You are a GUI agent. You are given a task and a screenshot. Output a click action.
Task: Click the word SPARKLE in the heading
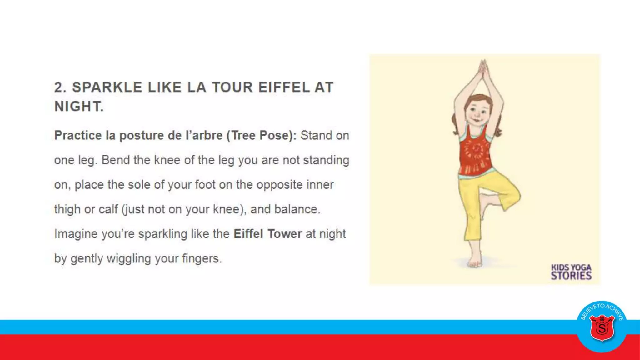pos(107,87)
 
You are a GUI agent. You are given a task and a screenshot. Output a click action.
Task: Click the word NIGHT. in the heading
pos(79,107)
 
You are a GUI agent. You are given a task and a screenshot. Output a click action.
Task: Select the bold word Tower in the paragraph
pos(284,234)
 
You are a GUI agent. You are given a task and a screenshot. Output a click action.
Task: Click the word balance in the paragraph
pos(296,209)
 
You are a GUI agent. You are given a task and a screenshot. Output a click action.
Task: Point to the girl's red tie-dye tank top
pos(475,153)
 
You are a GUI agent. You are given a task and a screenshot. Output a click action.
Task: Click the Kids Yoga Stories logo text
pos(571,272)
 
